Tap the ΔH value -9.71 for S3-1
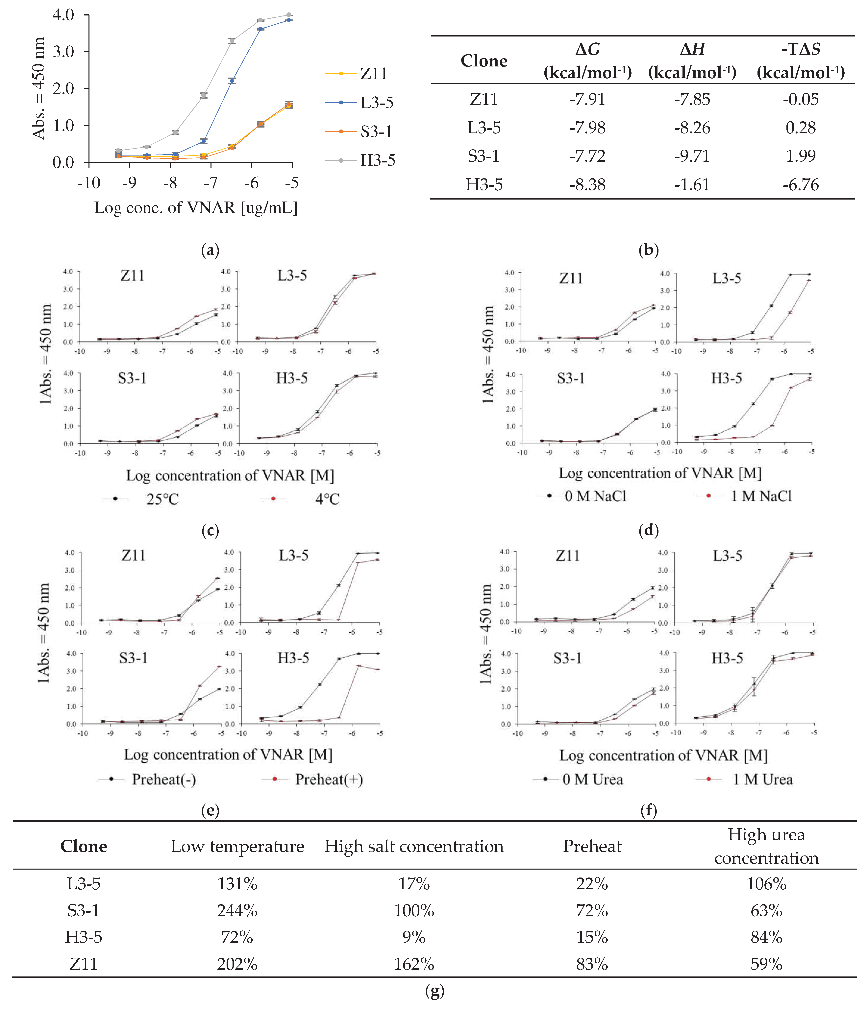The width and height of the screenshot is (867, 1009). click(x=692, y=156)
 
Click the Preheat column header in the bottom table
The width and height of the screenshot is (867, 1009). click(x=592, y=846)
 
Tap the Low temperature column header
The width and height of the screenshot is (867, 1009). click(x=237, y=846)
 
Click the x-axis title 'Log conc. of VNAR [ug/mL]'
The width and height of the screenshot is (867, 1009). click(x=195, y=208)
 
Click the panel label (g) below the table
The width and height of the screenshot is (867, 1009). click(x=434, y=991)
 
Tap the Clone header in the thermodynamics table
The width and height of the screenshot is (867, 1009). click(x=484, y=61)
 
